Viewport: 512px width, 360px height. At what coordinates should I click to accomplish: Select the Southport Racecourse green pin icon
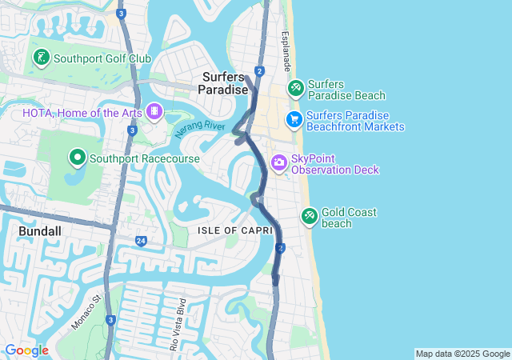pos(78,158)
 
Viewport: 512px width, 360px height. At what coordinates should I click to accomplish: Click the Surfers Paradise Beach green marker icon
pos(295,86)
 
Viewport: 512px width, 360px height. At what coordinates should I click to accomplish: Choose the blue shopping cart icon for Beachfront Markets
pos(294,120)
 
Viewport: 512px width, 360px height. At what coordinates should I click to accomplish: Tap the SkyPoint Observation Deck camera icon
pos(279,163)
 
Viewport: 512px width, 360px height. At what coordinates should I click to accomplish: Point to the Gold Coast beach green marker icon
pos(310,216)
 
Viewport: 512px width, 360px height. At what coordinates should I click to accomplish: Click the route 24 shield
pos(141,241)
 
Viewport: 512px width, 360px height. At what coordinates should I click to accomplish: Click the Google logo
pos(26,350)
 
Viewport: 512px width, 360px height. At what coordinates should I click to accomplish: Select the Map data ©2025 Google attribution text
pos(462,354)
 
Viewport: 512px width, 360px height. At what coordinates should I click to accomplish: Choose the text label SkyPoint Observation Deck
pos(334,164)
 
